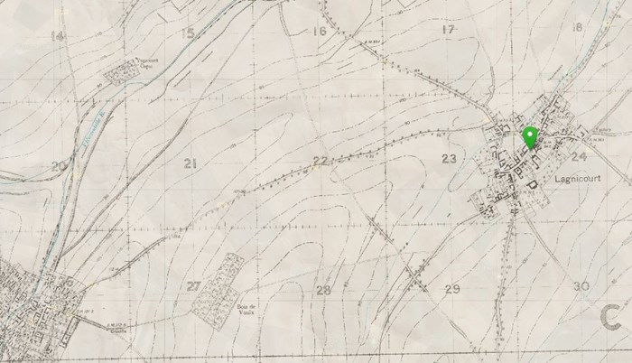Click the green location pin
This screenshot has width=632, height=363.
pyautogui.click(x=530, y=137)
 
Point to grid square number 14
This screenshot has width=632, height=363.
pyautogui.click(x=58, y=36)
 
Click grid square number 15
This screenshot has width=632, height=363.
pyautogui.click(x=188, y=33)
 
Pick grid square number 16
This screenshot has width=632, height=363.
pyautogui.click(x=319, y=32)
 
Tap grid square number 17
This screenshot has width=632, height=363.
pyautogui.click(x=448, y=30)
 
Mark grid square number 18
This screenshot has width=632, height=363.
pyautogui.click(x=577, y=27)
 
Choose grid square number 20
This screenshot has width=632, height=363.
pyautogui.click(x=59, y=166)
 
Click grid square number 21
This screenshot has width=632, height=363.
pyautogui.click(x=189, y=163)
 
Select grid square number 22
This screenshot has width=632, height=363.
pyautogui.click(x=319, y=161)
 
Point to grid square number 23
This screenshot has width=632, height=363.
pyautogui.click(x=449, y=159)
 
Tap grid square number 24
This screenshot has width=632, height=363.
pyautogui.click(x=579, y=156)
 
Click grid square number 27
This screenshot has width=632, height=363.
pyautogui.click(x=193, y=286)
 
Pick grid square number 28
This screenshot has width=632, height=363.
pyautogui.click(x=322, y=290)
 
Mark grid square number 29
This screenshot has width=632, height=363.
pyautogui.click(x=452, y=288)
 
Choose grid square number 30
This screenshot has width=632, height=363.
pyautogui.click(x=581, y=286)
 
